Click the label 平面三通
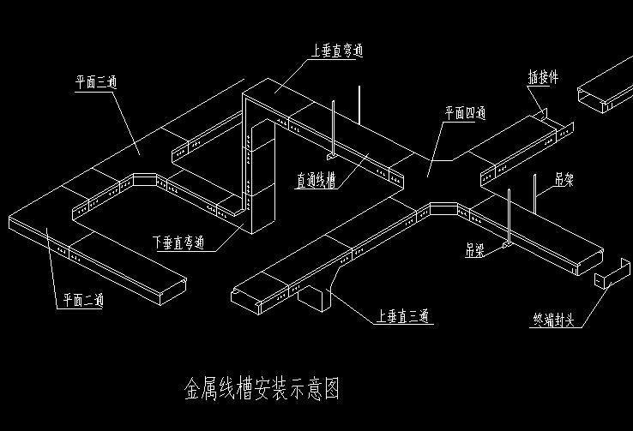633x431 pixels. point(95,83)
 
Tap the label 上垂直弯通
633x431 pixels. point(336,51)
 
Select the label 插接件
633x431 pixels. point(543,77)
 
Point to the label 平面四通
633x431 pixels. point(466,112)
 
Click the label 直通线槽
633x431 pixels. point(316,181)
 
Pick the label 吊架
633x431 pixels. point(564,179)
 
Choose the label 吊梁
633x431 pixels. point(475,250)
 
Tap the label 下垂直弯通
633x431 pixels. point(179,243)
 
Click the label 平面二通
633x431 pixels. point(83,301)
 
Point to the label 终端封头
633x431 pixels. point(558,322)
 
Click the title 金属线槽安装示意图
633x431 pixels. point(262,390)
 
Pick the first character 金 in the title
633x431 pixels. point(194,390)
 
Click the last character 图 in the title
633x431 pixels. point(331,390)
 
